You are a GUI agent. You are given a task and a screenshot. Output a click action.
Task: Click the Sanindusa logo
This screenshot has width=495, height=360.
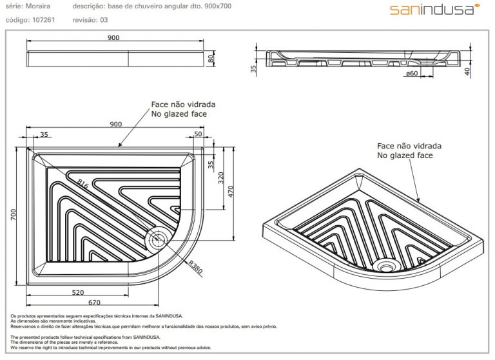click(x=434, y=9)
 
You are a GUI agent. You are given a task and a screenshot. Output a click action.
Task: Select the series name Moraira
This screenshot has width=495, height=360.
click(x=37, y=6)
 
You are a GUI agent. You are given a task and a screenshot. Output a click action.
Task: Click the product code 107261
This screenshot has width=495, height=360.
click(x=44, y=20)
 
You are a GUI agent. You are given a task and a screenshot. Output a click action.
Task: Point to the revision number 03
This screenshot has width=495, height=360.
click(x=104, y=20)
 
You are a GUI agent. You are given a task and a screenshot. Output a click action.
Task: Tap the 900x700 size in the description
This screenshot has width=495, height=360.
click(x=218, y=6)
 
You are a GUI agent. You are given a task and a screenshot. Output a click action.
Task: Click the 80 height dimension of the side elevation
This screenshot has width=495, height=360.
click(x=211, y=59)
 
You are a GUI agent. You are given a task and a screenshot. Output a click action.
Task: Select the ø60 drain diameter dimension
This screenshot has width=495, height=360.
click(x=412, y=74)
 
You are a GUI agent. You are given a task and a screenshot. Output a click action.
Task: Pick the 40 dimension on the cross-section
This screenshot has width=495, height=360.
click(x=467, y=72)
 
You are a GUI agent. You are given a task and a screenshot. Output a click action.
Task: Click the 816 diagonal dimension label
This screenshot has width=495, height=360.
click(x=82, y=184)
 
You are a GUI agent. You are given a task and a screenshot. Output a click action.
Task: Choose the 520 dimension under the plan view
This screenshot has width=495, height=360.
click(x=77, y=292)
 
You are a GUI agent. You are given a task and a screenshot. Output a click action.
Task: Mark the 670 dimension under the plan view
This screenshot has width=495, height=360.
click(x=94, y=302)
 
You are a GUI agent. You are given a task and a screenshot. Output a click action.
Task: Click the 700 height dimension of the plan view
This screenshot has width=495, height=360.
click(x=14, y=215)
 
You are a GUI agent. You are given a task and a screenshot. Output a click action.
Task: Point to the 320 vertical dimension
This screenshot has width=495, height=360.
click(x=221, y=178)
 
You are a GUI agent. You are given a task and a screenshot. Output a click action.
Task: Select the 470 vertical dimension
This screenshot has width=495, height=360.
click(x=231, y=192)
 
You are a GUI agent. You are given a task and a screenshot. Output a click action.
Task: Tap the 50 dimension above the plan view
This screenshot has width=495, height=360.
click(x=198, y=134)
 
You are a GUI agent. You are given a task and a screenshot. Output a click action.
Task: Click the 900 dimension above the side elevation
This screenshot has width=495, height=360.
click(x=113, y=37)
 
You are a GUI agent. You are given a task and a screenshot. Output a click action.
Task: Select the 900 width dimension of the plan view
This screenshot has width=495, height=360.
click(x=115, y=124)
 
